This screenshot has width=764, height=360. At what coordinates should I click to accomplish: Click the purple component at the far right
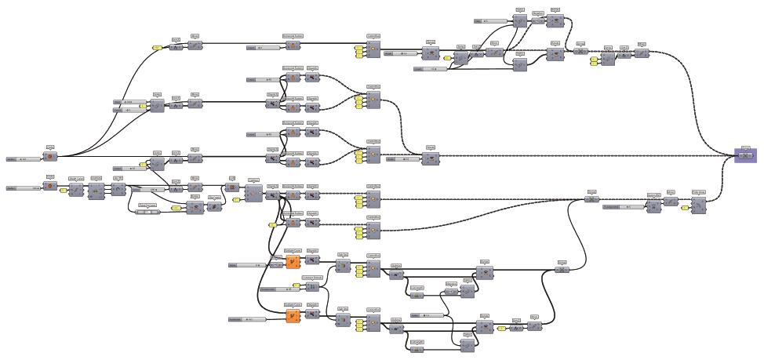point(744,155)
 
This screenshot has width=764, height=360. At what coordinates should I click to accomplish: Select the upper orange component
point(293,262)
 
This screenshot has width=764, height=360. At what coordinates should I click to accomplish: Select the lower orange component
point(293,317)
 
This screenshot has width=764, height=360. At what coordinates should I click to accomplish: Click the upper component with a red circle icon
point(50,157)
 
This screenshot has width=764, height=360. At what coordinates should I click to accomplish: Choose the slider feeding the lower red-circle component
point(24,188)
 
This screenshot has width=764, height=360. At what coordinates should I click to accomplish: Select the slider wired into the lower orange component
point(245,319)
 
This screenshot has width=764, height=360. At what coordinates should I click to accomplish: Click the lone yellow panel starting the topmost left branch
point(157,49)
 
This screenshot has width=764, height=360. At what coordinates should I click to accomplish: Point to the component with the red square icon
point(232,187)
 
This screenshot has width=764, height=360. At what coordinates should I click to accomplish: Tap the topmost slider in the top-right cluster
point(491,20)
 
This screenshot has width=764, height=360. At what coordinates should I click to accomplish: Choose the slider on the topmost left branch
point(264,48)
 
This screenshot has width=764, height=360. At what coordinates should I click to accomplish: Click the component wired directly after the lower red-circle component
point(76,191)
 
